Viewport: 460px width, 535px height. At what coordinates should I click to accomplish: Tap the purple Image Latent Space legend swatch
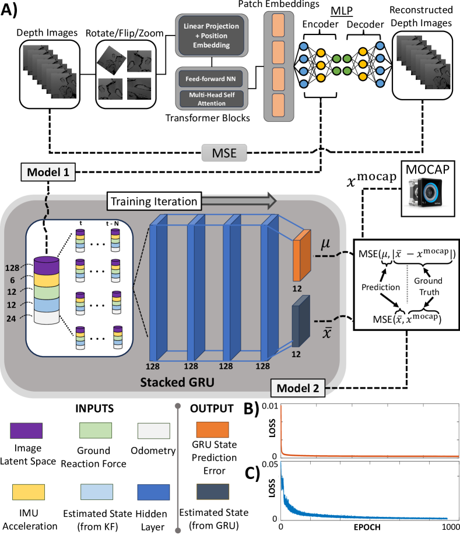26,431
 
